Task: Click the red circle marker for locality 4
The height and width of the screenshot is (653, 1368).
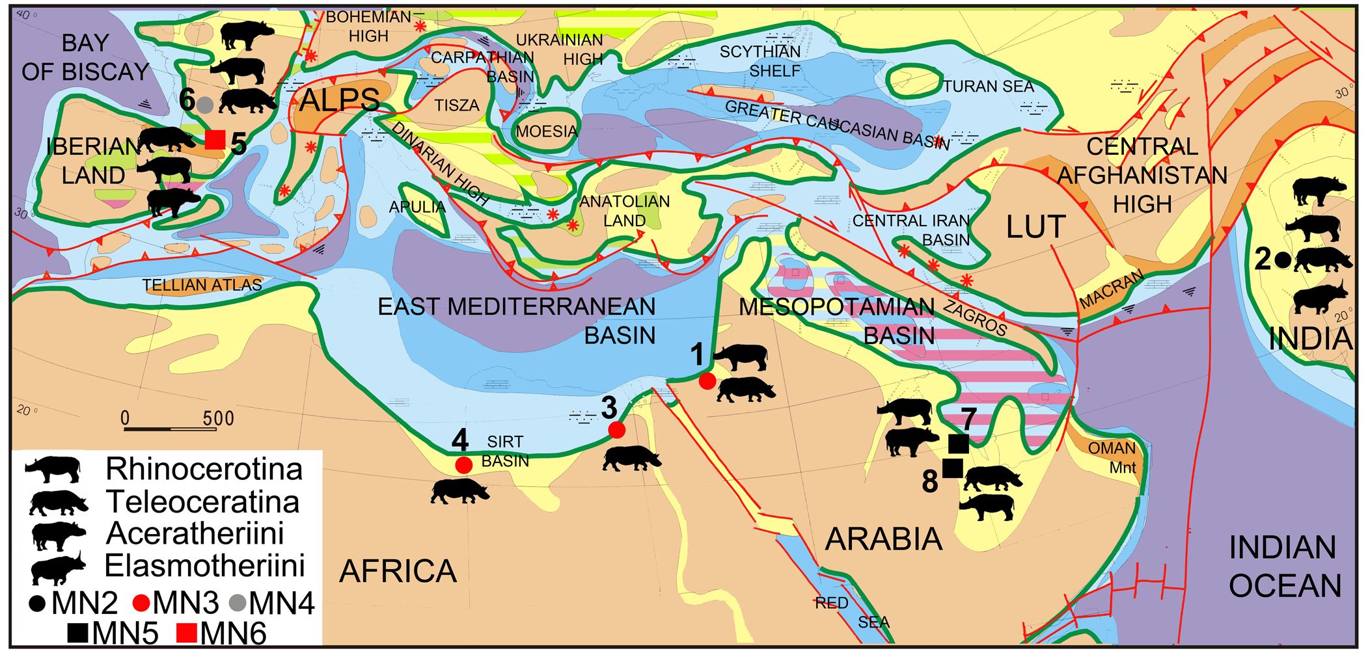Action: tap(463, 465)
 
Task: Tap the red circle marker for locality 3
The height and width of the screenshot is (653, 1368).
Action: tap(616, 429)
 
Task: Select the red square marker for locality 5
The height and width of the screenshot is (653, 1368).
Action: tap(215, 140)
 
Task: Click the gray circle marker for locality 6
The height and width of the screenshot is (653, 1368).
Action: tap(206, 105)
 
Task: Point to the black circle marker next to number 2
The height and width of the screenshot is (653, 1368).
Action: tap(1283, 260)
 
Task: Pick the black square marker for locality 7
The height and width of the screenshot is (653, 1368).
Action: tap(959, 444)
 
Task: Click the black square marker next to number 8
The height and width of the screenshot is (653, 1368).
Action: tap(953, 468)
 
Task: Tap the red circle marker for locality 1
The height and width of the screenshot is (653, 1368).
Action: tap(707, 381)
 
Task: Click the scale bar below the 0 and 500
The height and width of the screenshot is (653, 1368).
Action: tap(171, 429)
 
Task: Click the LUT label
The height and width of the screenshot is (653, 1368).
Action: tap(1035, 227)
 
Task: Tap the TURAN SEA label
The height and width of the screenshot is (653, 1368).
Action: tap(989, 87)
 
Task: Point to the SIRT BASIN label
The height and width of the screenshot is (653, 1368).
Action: tap(505, 451)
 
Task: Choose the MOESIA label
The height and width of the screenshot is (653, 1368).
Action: tap(547, 132)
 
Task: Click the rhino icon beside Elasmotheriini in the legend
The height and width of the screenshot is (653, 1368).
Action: tap(57, 568)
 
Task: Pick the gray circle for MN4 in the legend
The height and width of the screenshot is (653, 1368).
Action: tap(238, 604)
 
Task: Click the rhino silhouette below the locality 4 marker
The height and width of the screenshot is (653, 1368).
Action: tap(459, 492)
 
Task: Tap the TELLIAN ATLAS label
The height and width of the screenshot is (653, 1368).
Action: tap(202, 285)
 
